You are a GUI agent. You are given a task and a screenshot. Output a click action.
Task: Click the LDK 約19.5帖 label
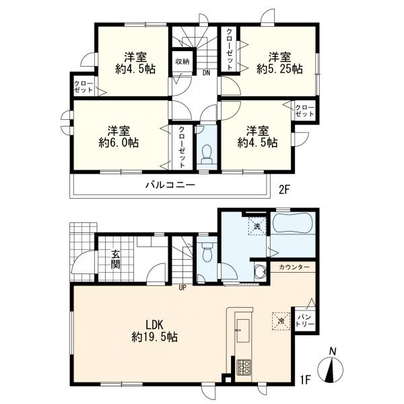click(x=155, y=331)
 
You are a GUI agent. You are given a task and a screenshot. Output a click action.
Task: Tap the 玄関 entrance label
click(x=116, y=259)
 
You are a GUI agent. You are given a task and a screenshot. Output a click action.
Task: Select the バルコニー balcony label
click(x=170, y=185)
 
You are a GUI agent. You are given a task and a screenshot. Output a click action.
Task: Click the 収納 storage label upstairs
click(x=182, y=62)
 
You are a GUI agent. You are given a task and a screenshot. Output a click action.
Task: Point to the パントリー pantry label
click(x=305, y=321)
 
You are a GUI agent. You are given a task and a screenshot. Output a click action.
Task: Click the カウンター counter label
click(x=294, y=267)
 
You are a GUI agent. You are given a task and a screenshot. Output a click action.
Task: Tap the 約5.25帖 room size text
click(x=279, y=69)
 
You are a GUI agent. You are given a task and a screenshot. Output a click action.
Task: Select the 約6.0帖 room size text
click(x=119, y=142)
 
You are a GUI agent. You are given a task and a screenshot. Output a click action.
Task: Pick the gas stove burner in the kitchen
click(x=244, y=367)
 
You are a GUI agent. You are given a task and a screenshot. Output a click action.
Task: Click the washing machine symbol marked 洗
click(x=257, y=226)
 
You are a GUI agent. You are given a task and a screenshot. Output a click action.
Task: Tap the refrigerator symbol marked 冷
click(x=281, y=321)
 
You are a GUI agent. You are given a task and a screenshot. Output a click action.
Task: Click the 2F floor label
click(x=285, y=190)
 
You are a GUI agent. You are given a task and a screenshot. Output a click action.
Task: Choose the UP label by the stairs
click(x=182, y=288)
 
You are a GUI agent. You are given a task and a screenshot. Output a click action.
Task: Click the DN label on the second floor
click(x=206, y=73)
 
